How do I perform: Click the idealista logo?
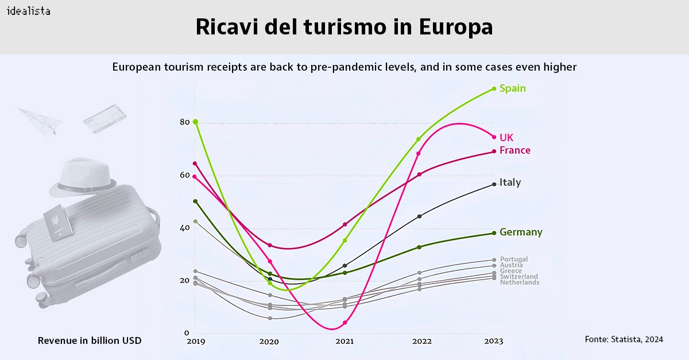point(28,11)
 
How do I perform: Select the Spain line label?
point(512,88)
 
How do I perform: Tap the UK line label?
point(506,138)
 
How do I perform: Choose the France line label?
point(514,150)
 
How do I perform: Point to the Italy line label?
point(510,183)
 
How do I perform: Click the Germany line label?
point(520,233)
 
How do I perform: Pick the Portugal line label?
point(513,260)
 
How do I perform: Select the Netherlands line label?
point(519,282)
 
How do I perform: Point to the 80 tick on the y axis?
point(184,122)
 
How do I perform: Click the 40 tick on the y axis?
point(184,228)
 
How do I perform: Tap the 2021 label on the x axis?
point(344,342)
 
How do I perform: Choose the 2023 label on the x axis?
point(493,342)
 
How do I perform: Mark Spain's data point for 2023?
point(494,88)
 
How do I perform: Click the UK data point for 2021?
point(344,323)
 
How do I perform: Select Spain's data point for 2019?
point(195,122)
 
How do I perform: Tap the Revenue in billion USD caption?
point(90,341)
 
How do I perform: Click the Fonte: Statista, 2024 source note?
point(624,339)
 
